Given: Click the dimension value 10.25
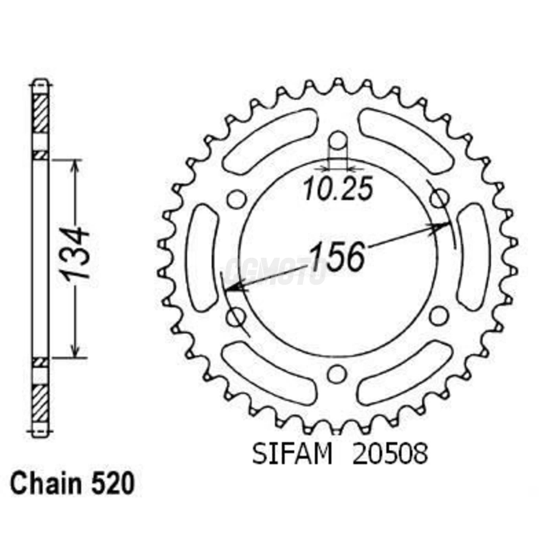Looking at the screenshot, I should [x=338, y=189].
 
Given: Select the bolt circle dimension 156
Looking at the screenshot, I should [x=337, y=257].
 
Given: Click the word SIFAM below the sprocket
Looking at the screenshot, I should [x=292, y=454].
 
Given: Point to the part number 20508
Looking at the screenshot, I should [x=390, y=454].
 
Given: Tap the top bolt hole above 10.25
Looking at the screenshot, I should [x=338, y=140].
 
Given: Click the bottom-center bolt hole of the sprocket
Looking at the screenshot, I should [x=337, y=374].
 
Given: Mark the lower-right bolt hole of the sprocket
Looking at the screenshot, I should [x=438, y=315].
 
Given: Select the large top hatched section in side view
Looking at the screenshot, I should [x=40, y=114].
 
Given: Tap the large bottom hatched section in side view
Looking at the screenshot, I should [x=40, y=403].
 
